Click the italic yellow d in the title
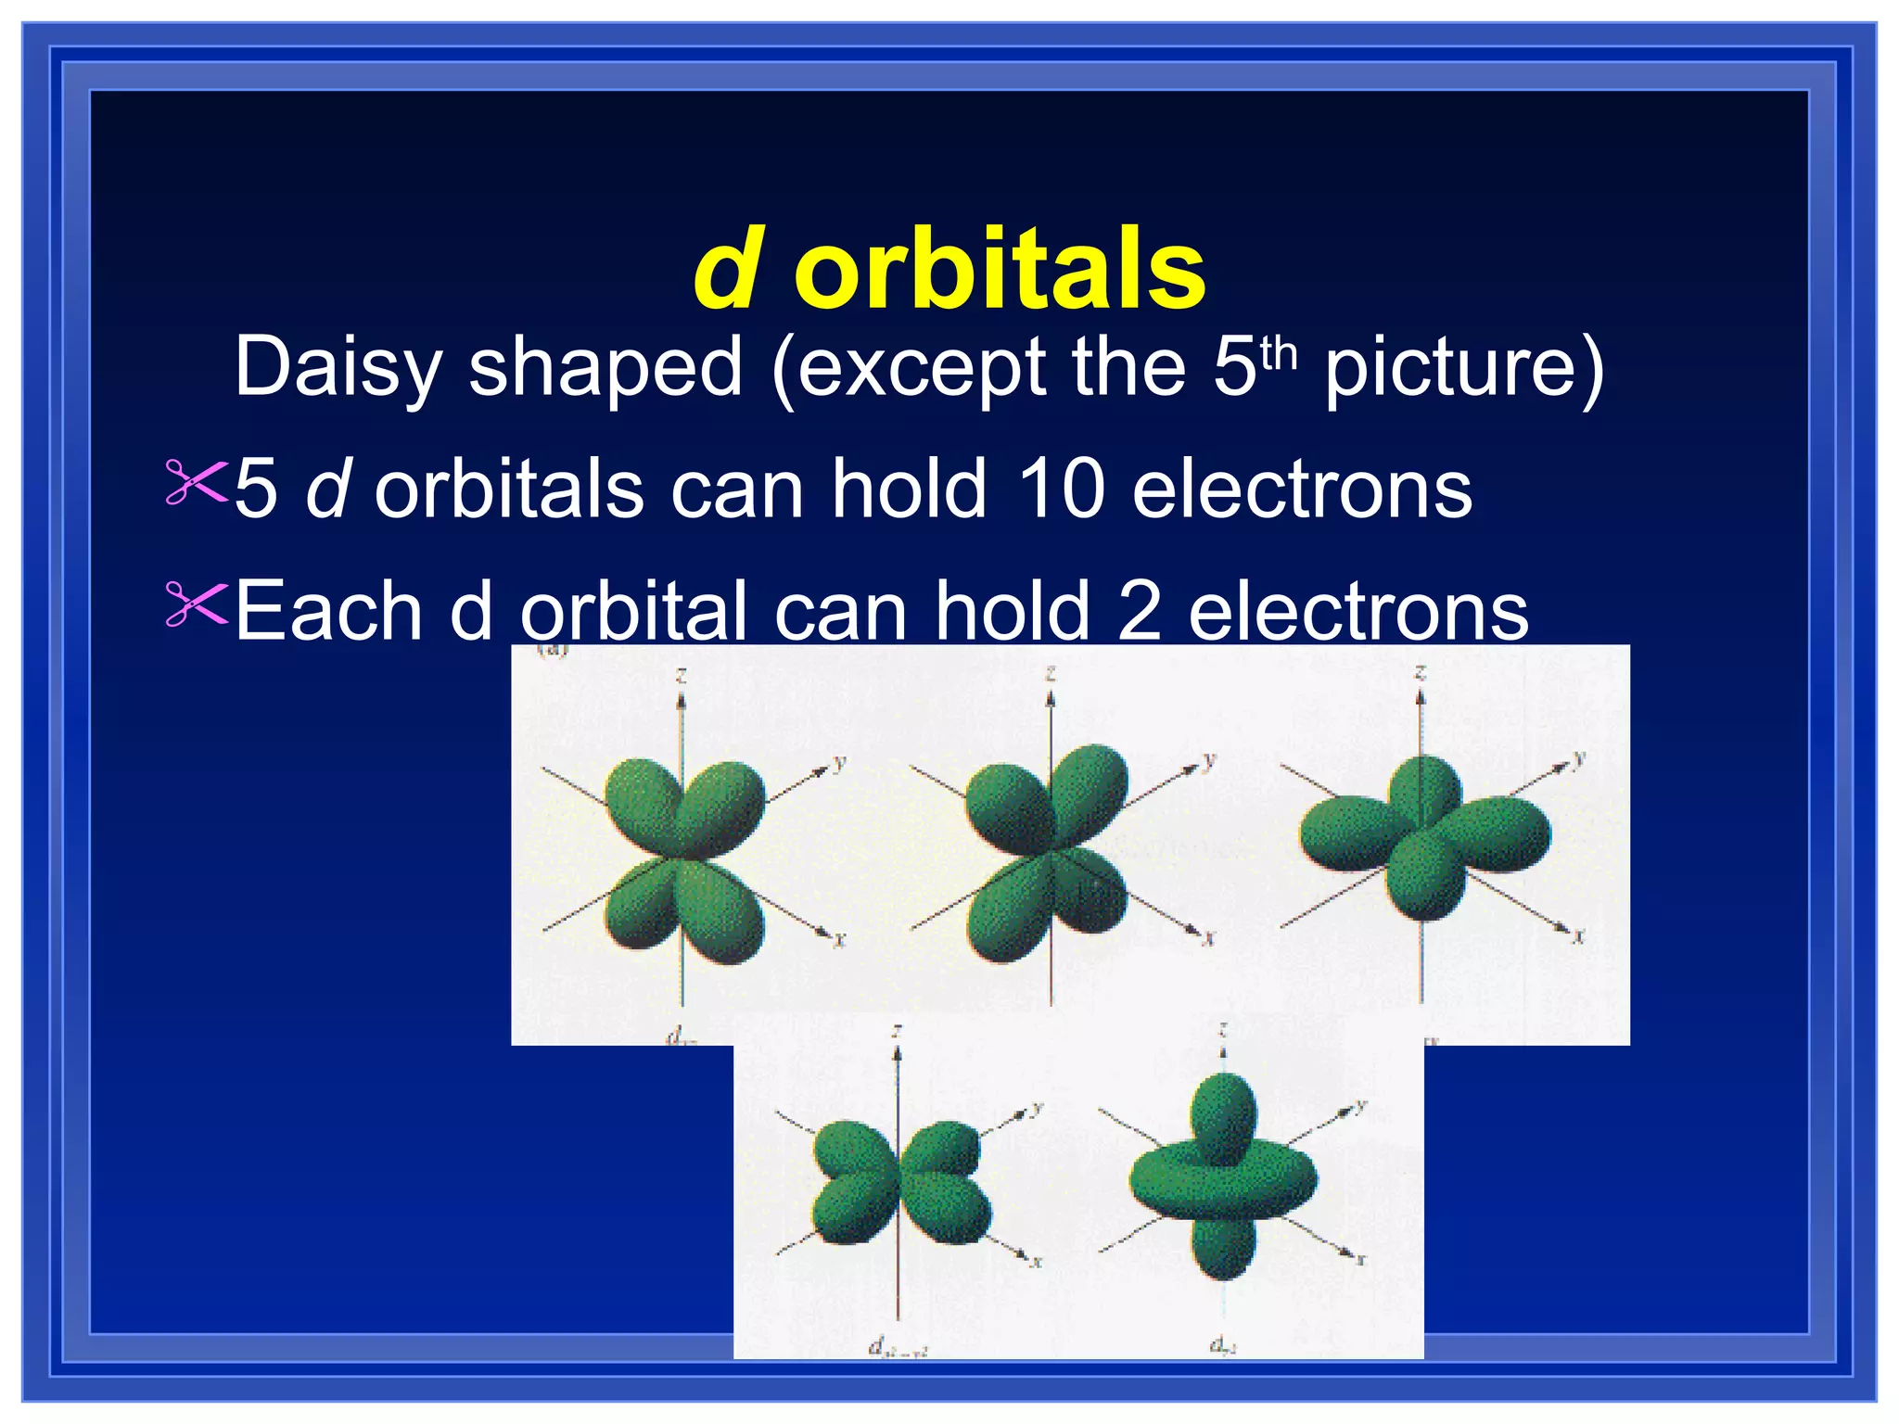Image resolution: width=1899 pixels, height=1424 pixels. click(x=727, y=271)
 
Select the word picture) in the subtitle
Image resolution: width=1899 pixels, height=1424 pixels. click(x=1463, y=368)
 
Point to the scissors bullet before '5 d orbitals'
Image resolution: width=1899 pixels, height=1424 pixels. click(x=196, y=481)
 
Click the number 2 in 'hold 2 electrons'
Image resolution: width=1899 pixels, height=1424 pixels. click(x=1139, y=611)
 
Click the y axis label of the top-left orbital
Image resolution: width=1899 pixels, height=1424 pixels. click(x=839, y=763)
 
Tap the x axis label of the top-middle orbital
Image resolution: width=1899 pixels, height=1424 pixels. click(x=1208, y=939)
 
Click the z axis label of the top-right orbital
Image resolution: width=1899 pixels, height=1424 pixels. click(x=1420, y=671)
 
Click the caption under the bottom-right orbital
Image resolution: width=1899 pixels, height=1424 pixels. click(x=1223, y=1347)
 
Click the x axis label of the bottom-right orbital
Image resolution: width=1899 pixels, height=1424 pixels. click(x=1361, y=1259)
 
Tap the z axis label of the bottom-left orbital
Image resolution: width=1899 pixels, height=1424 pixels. click(x=897, y=1031)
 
